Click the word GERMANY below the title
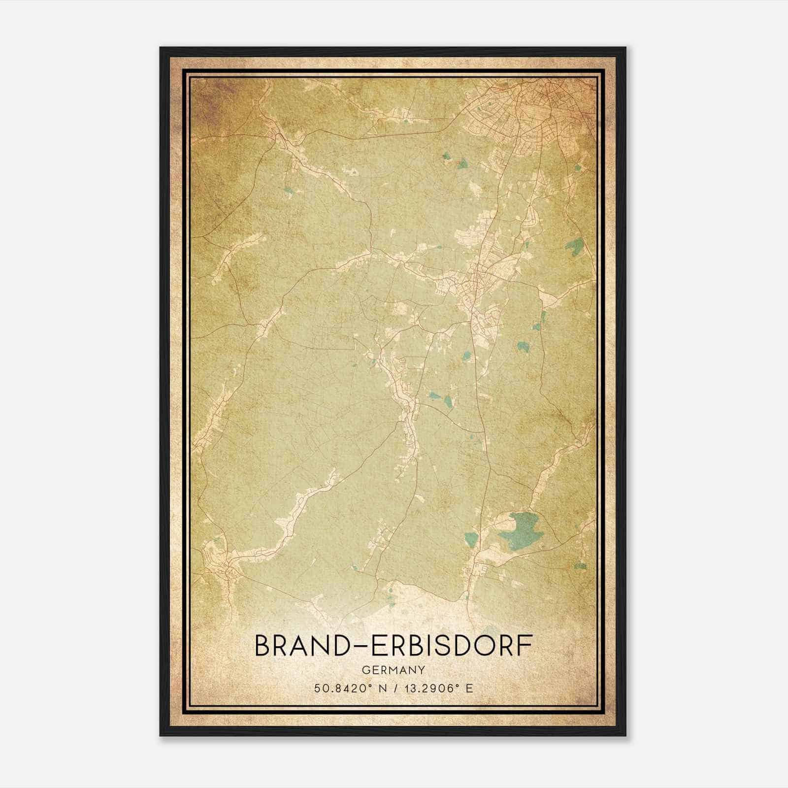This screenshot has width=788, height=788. click(393, 670)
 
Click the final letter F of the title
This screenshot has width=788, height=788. click(525, 646)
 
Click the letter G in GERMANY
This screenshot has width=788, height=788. click(365, 670)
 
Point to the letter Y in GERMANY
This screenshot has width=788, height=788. click(422, 670)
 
